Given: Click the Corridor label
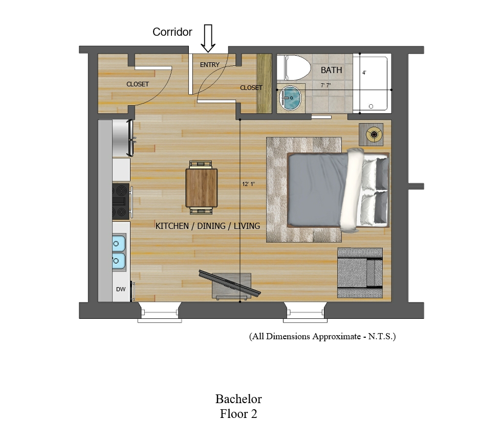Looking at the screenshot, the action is (172, 32).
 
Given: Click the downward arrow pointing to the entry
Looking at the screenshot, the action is (208, 38).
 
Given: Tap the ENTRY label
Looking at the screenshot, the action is (210, 65).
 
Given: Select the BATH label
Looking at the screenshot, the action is (331, 70).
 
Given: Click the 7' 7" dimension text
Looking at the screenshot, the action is (325, 85).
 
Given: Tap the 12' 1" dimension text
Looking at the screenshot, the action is (248, 184).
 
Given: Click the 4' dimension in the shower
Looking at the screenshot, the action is (364, 73).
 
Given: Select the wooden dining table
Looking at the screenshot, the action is (202, 188).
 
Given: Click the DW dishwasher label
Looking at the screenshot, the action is (121, 289).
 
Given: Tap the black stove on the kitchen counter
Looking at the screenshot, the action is (121, 201).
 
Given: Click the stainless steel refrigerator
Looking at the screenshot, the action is (122, 138).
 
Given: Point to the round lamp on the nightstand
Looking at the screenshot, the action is (374, 134).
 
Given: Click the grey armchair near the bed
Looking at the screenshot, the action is (360, 273).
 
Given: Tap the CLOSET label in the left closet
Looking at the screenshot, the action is (138, 84).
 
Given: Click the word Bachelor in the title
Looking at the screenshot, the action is (238, 399).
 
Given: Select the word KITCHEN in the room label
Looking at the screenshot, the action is (172, 226).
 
